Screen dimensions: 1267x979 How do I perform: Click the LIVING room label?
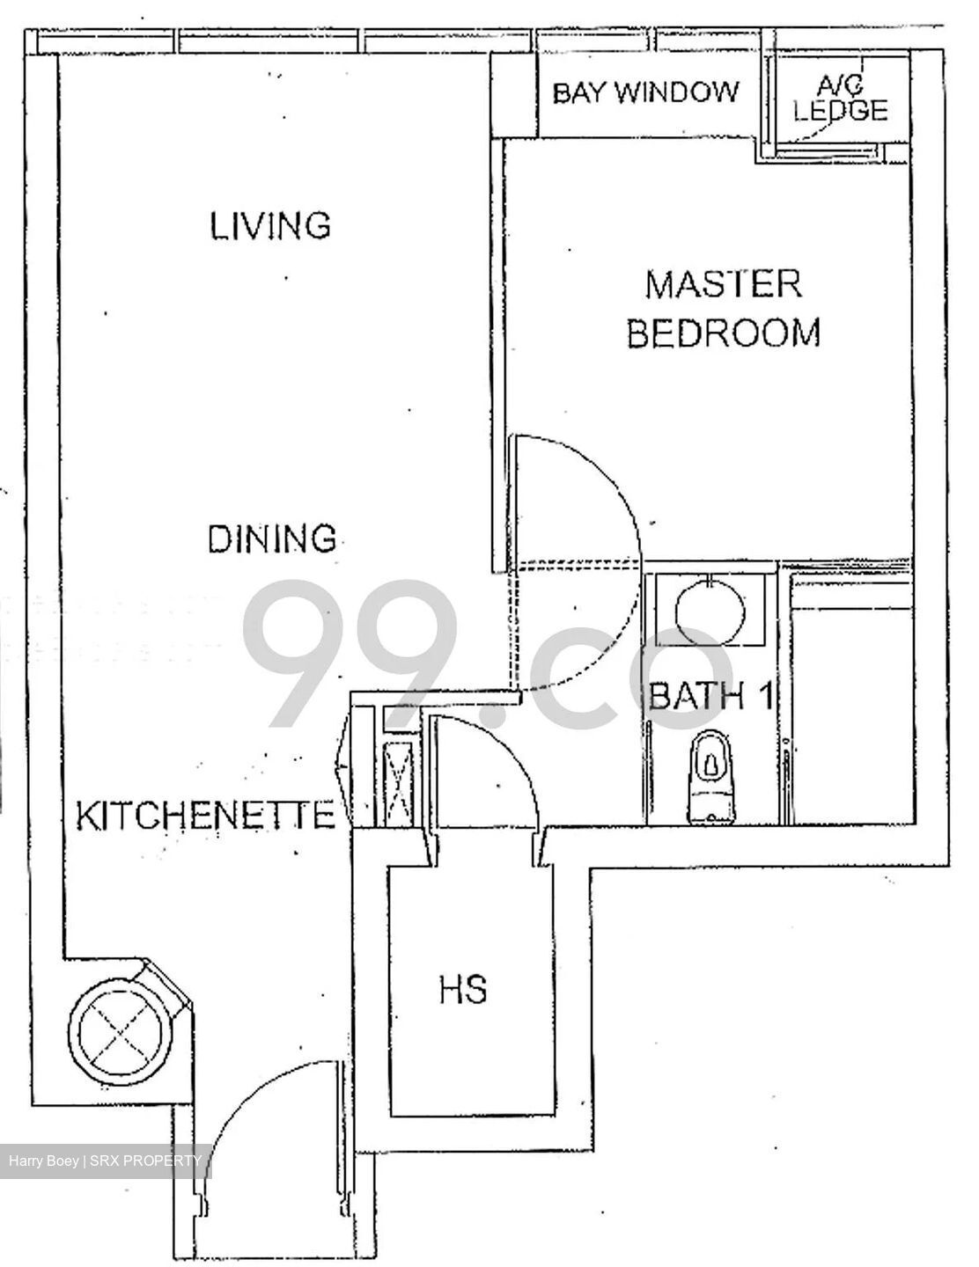pyautogui.click(x=269, y=225)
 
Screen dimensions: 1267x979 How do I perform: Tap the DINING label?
pyautogui.click(x=272, y=538)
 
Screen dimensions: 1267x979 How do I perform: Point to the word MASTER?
pyautogui.click(x=723, y=285)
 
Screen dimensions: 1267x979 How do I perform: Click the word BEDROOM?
pyautogui.click(x=723, y=333)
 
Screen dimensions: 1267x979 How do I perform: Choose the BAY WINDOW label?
pyautogui.click(x=645, y=92)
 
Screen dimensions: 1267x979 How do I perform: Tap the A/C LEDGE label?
pyautogui.click(x=840, y=99)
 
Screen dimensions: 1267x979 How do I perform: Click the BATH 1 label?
pyautogui.click(x=710, y=697)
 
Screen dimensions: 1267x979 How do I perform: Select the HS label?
pyautogui.click(x=463, y=990)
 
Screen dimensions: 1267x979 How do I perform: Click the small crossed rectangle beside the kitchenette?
pyautogui.click(x=401, y=781)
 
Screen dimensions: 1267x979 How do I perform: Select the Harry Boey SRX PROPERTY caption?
pyautogui.click(x=105, y=1161)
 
